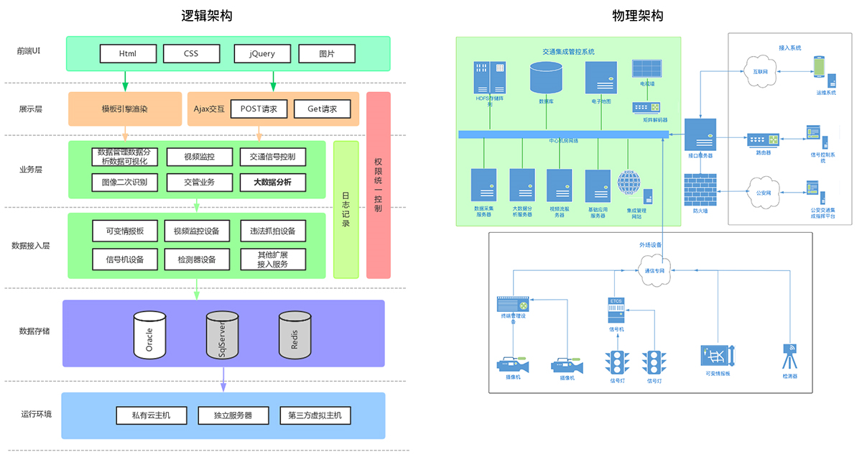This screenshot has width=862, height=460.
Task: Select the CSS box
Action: pyautogui.click(x=191, y=54)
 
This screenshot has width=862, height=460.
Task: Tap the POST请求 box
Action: pyautogui.click(x=259, y=109)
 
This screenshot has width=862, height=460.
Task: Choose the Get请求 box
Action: pyautogui.click(x=323, y=109)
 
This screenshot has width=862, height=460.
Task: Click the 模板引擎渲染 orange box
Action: pyautogui.click(x=125, y=109)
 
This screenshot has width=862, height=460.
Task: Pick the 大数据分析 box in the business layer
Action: pyautogui.click(x=272, y=182)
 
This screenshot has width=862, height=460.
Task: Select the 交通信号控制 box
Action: pyautogui.click(x=272, y=157)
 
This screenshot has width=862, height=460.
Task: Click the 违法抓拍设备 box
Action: pyautogui.click(x=272, y=231)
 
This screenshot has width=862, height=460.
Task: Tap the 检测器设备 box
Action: pyautogui.click(x=197, y=259)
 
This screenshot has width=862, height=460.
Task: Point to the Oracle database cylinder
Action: pyautogui.click(x=150, y=335)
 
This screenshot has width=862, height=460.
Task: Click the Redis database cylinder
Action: pyautogui.click(x=295, y=335)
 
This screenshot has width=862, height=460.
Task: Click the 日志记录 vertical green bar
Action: pyautogui.click(x=346, y=209)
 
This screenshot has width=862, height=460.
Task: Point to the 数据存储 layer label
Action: pyautogui.click(x=34, y=331)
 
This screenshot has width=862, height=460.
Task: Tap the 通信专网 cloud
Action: pyautogui.click(x=654, y=270)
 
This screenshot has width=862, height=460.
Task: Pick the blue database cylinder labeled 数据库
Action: pyautogui.click(x=546, y=78)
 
